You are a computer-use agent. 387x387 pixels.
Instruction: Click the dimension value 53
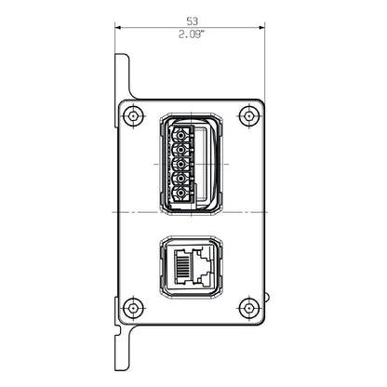point(192,19)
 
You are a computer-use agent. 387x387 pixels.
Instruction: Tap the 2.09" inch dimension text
point(192,34)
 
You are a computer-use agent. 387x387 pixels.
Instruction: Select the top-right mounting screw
point(247,116)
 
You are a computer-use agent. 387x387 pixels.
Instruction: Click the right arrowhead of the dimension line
point(262,27)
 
